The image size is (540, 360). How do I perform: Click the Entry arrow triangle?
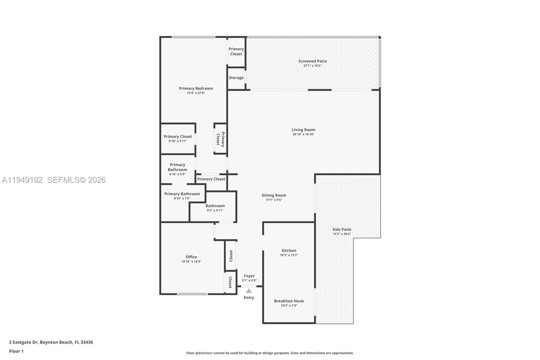[249, 291]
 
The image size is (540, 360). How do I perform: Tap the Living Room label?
[303, 130]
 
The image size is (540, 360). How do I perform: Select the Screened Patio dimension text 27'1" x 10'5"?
[312, 66]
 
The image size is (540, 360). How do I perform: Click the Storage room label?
[236, 78]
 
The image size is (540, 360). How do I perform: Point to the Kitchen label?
[289, 251]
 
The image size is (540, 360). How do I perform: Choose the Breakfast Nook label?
[289, 301]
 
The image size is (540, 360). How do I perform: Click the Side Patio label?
[342, 229]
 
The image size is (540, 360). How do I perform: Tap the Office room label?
[191, 257]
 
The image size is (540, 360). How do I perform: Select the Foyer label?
[249, 276]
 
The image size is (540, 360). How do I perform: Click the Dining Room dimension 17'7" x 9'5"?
[274, 200]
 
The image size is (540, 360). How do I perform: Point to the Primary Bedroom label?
[196, 88]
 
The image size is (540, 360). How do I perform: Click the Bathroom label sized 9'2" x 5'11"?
[215, 206]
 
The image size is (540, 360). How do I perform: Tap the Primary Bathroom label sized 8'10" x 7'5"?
[182, 194]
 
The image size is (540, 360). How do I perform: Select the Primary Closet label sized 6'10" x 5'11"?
[178, 136]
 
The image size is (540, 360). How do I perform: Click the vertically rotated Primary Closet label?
[220, 139]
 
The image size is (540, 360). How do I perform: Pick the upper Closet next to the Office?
[231, 256]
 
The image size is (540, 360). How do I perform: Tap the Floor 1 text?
[16, 351]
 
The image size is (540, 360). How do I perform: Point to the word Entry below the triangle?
[249, 298]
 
